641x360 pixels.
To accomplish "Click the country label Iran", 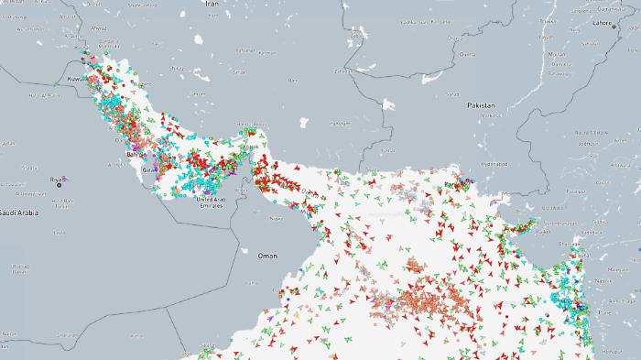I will (x=212, y=4).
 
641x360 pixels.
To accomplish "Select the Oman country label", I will (x=267, y=256).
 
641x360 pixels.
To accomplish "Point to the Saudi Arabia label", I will (x=18, y=212).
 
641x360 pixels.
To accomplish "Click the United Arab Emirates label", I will (x=211, y=202).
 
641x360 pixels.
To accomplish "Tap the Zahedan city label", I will (x=342, y=70).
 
